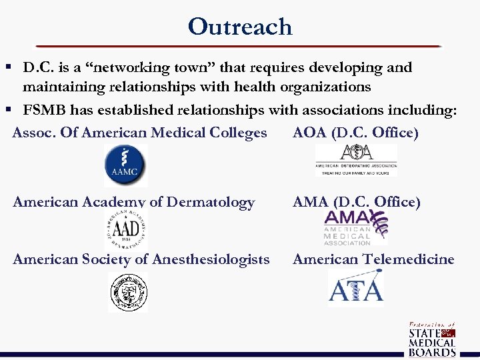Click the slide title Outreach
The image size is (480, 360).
click(240, 27)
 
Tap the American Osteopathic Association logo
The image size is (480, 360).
click(356, 160)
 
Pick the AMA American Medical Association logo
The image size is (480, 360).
click(355, 227)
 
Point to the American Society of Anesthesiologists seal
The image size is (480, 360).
click(128, 292)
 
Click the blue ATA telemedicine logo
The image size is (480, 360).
click(356, 287)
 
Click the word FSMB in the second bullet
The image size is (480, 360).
click(44, 110)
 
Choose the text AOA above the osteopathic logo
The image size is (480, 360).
click(309, 133)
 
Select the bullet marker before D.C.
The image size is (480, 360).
click(9, 67)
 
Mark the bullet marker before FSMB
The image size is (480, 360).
click(9, 110)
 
